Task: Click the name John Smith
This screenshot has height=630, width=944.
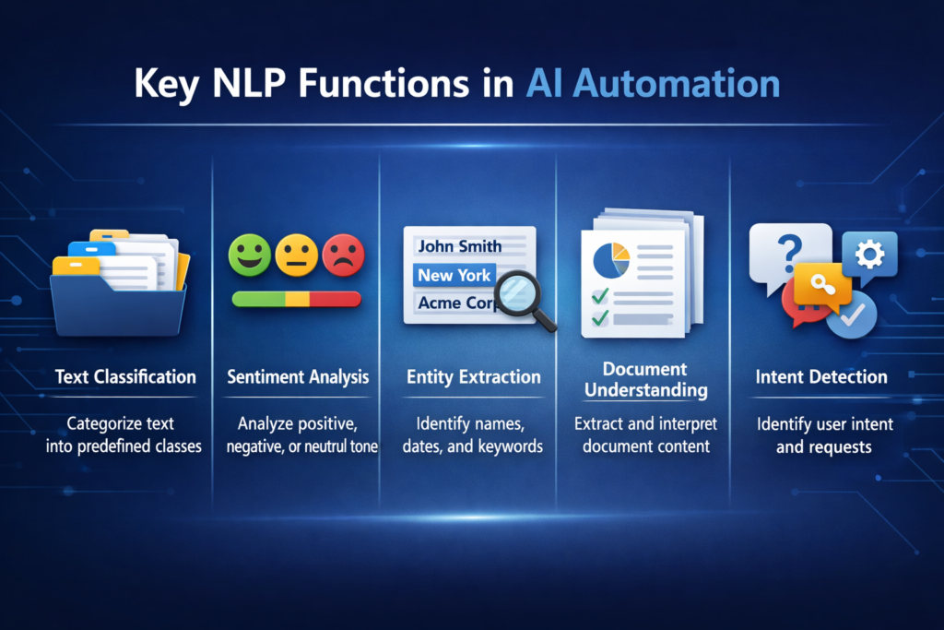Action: (x=459, y=246)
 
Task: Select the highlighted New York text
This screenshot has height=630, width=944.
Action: (x=454, y=275)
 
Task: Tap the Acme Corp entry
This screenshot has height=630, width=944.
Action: (x=454, y=303)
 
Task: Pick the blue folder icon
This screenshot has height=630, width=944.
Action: (x=119, y=296)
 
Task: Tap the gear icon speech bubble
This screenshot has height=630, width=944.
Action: (x=868, y=254)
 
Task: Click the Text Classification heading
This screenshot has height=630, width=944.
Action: (x=125, y=376)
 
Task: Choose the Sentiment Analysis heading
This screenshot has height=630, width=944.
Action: (x=297, y=376)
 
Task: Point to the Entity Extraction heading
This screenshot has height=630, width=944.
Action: (x=473, y=376)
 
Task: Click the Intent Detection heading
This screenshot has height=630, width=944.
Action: (x=821, y=376)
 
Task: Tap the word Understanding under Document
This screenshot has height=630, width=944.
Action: (x=645, y=390)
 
